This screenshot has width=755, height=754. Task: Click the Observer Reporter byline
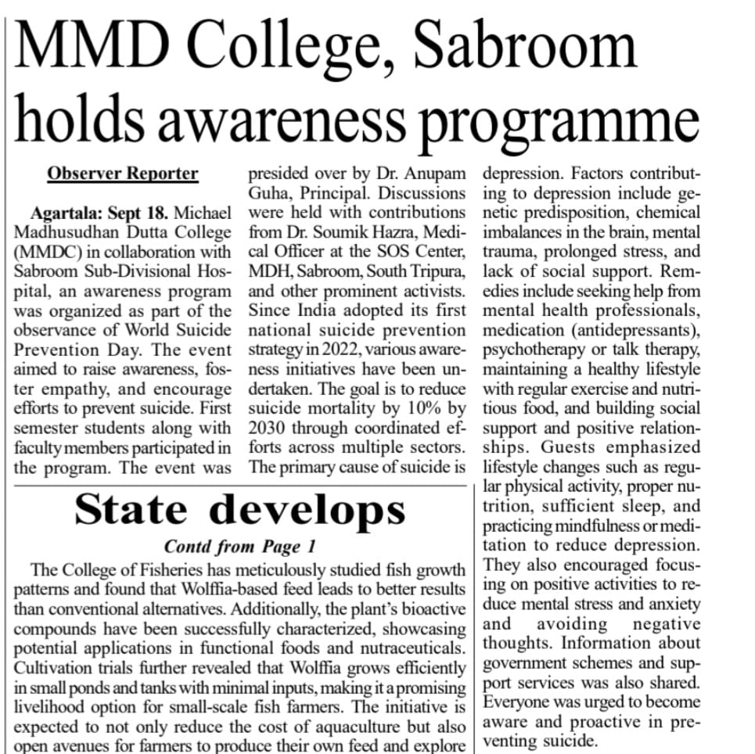[x=123, y=174]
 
